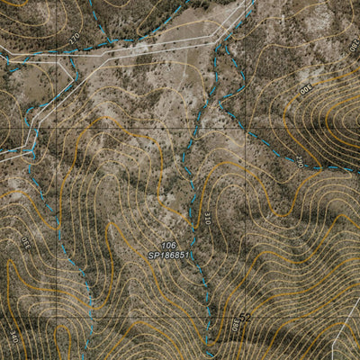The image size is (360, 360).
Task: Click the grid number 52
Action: pos(244,319)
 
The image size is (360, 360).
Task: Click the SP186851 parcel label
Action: pos(170,256)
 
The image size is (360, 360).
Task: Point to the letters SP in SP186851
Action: pos(153,256)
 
